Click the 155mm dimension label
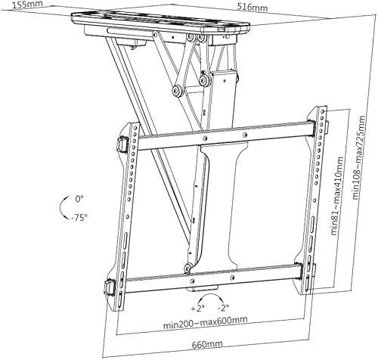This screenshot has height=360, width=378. [x=28, y=5]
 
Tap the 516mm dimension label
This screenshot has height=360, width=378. [x=253, y=8]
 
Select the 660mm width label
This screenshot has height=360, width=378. [x=207, y=344]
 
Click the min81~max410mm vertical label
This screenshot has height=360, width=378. [x=337, y=196]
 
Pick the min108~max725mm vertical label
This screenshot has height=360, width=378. [x=359, y=157]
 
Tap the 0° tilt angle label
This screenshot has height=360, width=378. [x=79, y=199]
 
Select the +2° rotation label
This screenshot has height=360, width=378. [x=197, y=308]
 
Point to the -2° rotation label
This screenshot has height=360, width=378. [x=223, y=307]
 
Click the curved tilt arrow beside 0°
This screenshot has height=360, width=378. [x=60, y=207]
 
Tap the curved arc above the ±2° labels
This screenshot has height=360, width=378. [x=211, y=294]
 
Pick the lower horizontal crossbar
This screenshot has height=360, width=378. [x=213, y=278]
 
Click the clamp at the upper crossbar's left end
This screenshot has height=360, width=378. [x=123, y=144]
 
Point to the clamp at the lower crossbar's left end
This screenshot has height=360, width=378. [x=110, y=287]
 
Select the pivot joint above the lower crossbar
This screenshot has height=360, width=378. [x=187, y=267]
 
